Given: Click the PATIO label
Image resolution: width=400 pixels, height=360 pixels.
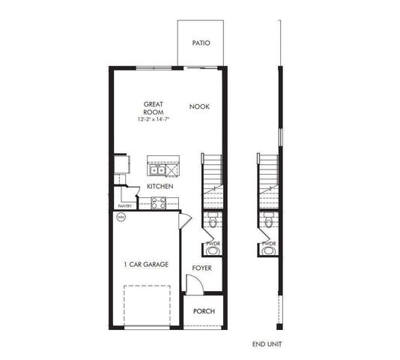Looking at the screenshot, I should (x=201, y=43).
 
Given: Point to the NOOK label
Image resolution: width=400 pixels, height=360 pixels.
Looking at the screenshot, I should (x=199, y=106).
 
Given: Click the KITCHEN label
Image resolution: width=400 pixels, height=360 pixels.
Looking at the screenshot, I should (x=160, y=186).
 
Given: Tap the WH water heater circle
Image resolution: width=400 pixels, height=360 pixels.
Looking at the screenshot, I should (x=121, y=217).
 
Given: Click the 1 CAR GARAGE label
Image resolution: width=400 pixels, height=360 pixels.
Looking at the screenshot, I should (x=145, y=265).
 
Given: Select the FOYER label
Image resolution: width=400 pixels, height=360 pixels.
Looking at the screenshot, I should (x=201, y=268).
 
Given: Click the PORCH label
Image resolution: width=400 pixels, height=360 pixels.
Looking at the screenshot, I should (x=204, y=311).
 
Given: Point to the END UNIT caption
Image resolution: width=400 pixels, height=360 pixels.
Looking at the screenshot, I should (x=267, y=343).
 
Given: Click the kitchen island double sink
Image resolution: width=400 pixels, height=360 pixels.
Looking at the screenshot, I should (x=156, y=169).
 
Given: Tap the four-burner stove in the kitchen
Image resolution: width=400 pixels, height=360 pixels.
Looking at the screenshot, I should (x=159, y=201).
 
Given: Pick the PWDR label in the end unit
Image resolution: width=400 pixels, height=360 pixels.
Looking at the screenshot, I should (x=269, y=244).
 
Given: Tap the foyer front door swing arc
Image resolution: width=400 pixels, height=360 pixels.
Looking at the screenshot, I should (x=193, y=283).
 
